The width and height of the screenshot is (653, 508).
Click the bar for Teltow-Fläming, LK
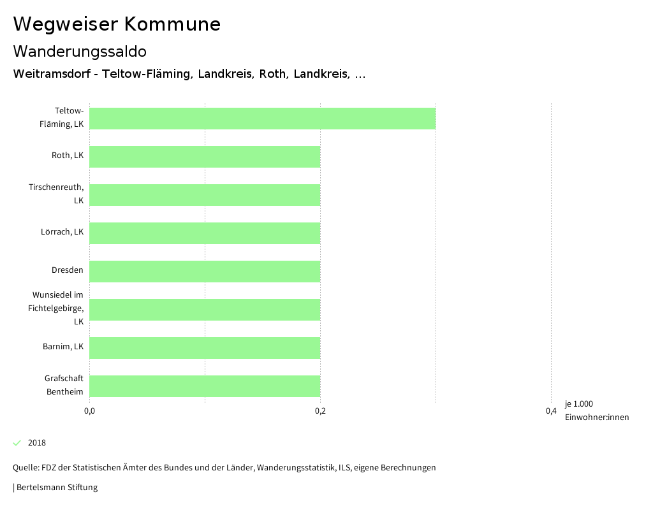click(x=262, y=119)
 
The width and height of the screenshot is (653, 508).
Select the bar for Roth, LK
click(x=205, y=157)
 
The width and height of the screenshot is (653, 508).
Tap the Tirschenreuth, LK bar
click(x=205, y=195)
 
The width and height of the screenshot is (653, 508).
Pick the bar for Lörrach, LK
click(x=205, y=233)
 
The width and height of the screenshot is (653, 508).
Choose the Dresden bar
click(x=205, y=272)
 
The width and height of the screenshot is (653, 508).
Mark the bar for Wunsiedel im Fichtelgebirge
click(x=205, y=310)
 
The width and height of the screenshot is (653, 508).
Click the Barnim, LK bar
click(x=205, y=348)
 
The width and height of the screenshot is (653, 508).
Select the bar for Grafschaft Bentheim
click(x=205, y=386)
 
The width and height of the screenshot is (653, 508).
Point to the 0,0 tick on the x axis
click(x=89, y=411)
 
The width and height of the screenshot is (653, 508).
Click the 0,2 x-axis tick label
click(x=320, y=411)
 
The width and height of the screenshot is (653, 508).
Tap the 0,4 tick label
click(x=551, y=411)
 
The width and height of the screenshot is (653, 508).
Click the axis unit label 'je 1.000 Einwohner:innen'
click(x=596, y=410)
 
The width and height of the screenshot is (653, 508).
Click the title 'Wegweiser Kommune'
click(x=117, y=24)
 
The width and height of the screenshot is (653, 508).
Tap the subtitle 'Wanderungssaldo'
click(x=80, y=51)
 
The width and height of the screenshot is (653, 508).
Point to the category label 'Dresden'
click(x=68, y=270)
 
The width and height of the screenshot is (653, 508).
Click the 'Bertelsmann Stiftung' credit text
click(x=57, y=488)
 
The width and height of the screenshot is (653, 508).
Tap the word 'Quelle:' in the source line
click(x=26, y=468)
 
